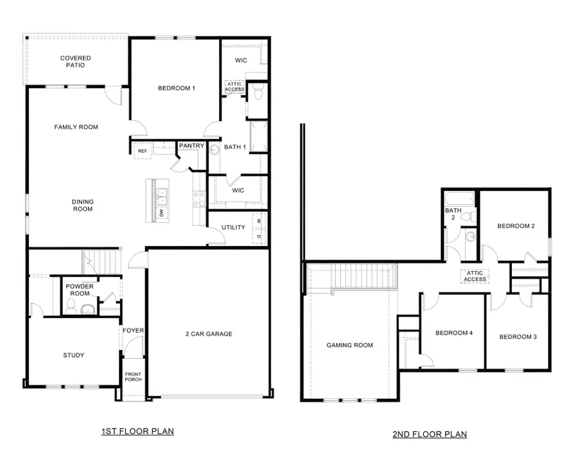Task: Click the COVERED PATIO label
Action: tap(76, 62)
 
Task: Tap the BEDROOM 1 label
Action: tap(176, 88)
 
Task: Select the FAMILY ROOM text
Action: tap(76, 127)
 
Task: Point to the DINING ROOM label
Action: tap(82, 206)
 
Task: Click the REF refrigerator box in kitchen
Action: tap(142, 150)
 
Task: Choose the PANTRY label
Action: tap(191, 146)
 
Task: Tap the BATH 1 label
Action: tap(234, 147)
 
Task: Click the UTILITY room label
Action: tap(233, 228)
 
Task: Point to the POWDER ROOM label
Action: tap(80, 290)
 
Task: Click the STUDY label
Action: tap(73, 355)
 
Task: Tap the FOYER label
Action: tap(134, 331)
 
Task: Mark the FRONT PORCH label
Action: tap(133, 376)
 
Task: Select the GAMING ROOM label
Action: tap(350, 345)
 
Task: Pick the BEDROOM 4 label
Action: tap(454, 333)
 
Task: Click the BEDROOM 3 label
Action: tap(518, 337)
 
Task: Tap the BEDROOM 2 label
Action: tap(516, 226)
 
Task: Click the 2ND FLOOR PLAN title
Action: tap(430, 435)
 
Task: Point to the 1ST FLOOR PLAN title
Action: tap(137, 431)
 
